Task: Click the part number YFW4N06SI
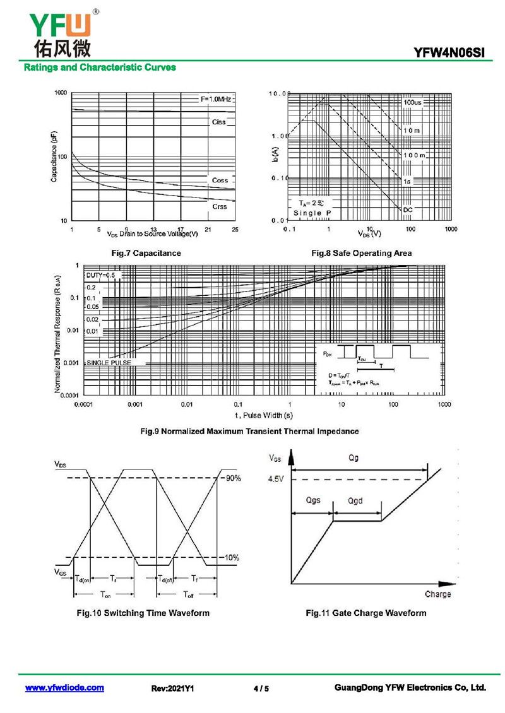click(449, 54)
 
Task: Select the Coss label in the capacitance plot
click(220, 180)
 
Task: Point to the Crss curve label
click(219, 206)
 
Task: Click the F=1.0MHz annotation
click(217, 100)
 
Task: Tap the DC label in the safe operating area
click(408, 209)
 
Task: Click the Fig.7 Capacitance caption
click(146, 253)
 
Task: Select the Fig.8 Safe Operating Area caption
click(362, 253)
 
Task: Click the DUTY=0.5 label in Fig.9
click(101, 276)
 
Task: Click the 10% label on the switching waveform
click(232, 558)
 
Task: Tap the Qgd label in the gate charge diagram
click(357, 500)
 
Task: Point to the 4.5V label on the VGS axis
click(276, 479)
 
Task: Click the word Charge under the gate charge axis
click(438, 594)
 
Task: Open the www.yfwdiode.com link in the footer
click(64, 688)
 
